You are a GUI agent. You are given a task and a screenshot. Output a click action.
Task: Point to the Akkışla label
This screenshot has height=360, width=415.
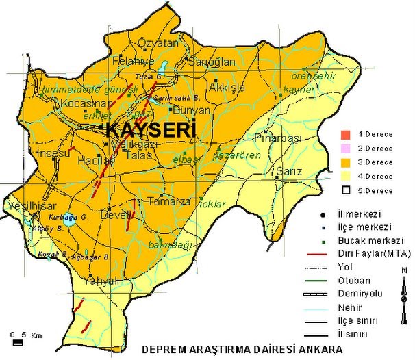(227, 88)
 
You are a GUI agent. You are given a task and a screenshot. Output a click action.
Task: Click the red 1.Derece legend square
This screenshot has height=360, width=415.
(347, 134)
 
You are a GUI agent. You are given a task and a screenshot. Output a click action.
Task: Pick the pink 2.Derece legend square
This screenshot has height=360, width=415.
(347, 148)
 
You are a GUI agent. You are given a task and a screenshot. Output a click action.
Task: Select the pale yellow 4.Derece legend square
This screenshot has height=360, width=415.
(347, 176)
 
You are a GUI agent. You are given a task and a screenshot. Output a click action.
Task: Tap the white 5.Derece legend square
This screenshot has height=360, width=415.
(347, 190)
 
